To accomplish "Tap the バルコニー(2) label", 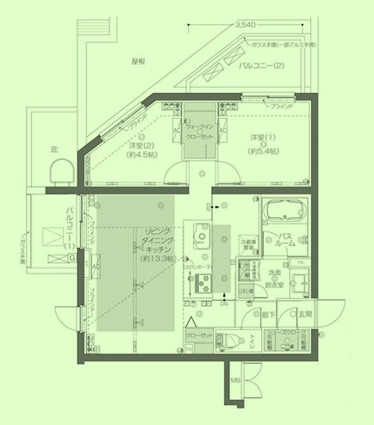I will click(266, 64).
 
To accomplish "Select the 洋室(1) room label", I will click(262, 142).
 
